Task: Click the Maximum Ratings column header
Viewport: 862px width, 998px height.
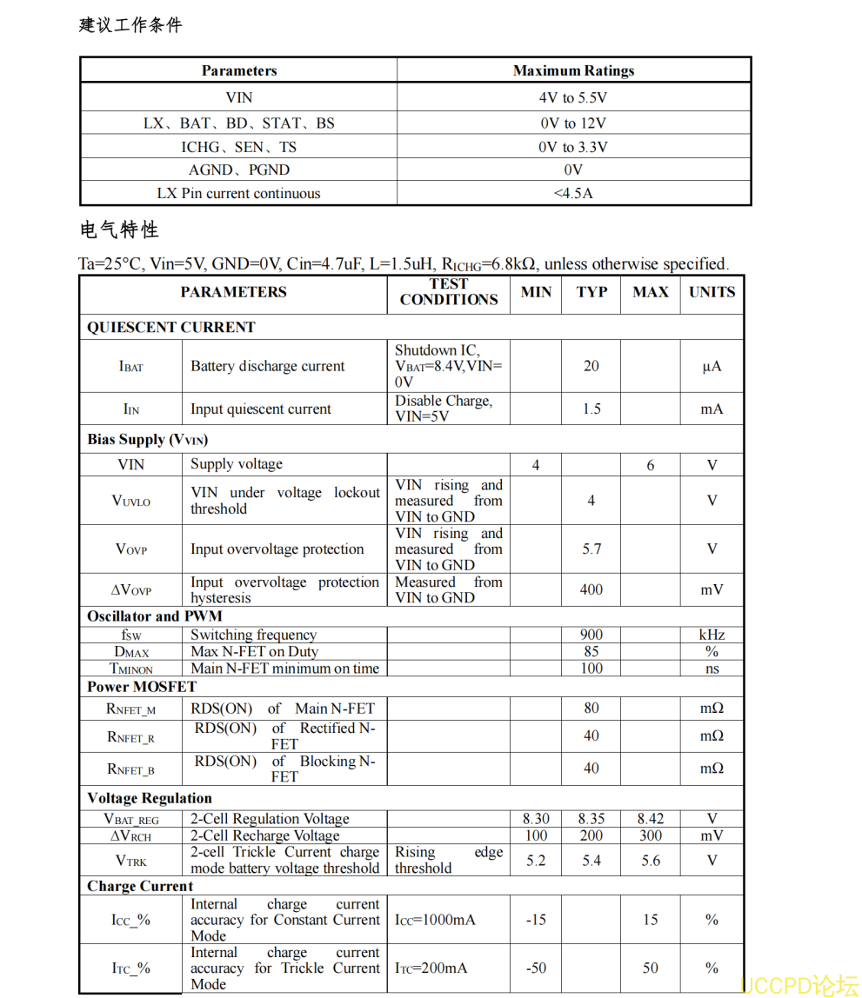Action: pos(573,71)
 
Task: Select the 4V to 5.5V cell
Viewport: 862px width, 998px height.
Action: pos(573,98)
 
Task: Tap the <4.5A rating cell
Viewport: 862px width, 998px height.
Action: pos(573,194)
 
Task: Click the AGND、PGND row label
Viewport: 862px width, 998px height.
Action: pos(238,170)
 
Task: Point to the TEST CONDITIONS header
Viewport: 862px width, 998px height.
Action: pos(448,292)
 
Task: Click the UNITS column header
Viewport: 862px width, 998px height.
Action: pos(712,292)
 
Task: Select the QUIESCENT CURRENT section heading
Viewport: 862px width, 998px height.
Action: pos(171,328)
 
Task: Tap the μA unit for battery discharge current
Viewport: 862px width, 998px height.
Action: pos(712,367)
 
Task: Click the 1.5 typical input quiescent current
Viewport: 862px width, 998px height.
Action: pos(591,409)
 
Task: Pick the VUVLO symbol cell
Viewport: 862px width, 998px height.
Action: pos(131,501)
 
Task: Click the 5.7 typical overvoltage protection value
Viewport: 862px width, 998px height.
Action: pos(591,549)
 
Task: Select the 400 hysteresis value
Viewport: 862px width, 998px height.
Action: pos(591,589)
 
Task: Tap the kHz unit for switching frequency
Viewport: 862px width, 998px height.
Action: pos(712,635)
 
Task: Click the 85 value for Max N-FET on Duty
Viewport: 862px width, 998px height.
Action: pos(591,652)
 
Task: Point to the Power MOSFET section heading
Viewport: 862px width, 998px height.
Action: pos(142,687)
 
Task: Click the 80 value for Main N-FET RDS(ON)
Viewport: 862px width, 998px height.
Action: pos(591,709)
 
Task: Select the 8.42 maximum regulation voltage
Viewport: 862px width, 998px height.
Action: pos(651,819)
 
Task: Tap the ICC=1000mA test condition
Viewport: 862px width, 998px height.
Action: pos(435,920)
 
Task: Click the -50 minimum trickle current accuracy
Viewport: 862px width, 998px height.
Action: pos(536,968)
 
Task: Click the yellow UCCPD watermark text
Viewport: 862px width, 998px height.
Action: pos(799,985)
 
